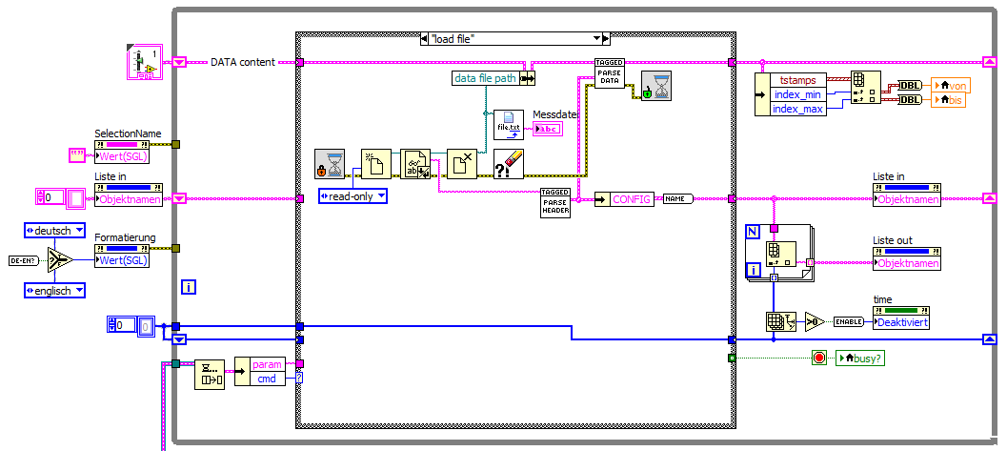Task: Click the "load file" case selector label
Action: click(x=514, y=38)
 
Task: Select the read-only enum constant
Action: click(x=352, y=196)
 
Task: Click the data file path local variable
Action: click(x=485, y=78)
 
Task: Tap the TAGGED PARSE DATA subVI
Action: click(x=609, y=73)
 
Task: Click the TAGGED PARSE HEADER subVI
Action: click(x=555, y=202)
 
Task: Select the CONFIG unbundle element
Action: click(x=630, y=199)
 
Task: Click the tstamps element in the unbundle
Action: click(x=798, y=80)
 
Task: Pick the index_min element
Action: click(x=798, y=93)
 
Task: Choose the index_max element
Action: click(x=798, y=108)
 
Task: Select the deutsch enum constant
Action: click(x=54, y=230)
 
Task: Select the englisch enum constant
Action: click(x=54, y=290)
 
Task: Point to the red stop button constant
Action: click(x=818, y=359)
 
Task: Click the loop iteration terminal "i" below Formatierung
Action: click(x=189, y=286)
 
